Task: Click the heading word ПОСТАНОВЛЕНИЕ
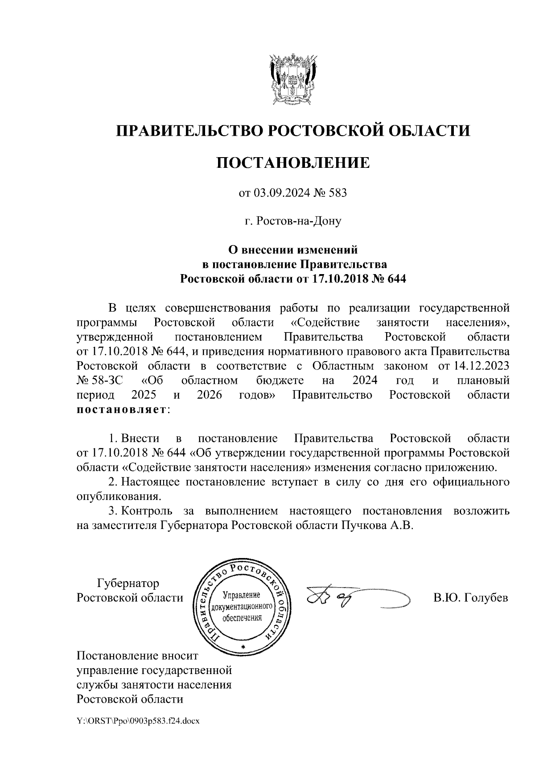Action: pyautogui.click(x=293, y=162)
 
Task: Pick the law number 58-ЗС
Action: pyautogui.click(x=105, y=381)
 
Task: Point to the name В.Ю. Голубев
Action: pyautogui.click(x=470, y=598)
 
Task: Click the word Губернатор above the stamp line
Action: pyautogui.click(x=128, y=583)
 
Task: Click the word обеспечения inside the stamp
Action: pyautogui.click(x=242, y=618)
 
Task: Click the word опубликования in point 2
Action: pyautogui.click(x=118, y=496)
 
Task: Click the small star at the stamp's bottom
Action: pyautogui.click(x=242, y=646)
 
